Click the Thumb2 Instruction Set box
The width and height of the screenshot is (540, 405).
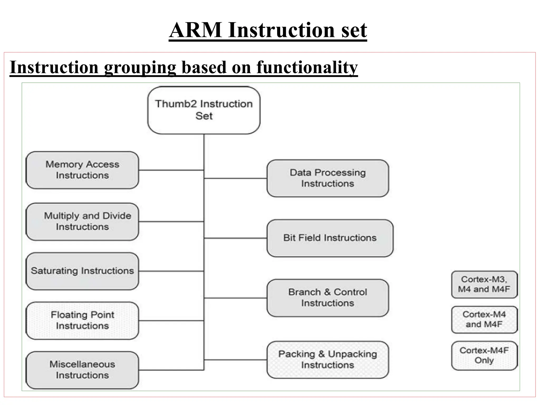coord(204,110)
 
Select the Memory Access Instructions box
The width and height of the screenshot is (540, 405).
coord(82,170)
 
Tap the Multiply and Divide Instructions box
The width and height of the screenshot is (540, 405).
coord(82,221)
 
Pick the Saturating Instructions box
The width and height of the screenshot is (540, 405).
coord(82,271)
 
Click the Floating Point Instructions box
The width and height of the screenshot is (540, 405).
coord(82,320)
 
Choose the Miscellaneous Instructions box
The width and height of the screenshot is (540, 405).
coord(82,370)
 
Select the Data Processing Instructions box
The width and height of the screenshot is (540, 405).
coord(327,178)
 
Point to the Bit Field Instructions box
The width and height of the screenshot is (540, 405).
coord(330,238)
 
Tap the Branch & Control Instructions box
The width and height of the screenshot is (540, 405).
coord(327,298)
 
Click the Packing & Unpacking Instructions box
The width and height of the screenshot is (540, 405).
coord(327,360)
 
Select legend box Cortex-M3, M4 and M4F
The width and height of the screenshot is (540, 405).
coord(484,285)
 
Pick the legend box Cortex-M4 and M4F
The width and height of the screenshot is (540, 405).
coord(484,320)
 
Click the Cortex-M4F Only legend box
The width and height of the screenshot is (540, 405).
coord(484,355)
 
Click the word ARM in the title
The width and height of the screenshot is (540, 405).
coord(196,30)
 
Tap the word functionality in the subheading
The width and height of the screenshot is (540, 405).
coord(307,67)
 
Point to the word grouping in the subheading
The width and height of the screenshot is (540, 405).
coord(140,67)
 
